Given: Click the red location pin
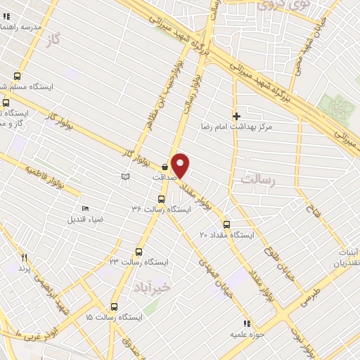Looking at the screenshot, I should [181, 165].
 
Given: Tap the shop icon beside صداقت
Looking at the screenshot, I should [165, 167].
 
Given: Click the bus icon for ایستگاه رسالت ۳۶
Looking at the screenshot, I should [162, 198].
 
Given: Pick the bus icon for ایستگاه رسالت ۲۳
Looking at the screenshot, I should [139, 251].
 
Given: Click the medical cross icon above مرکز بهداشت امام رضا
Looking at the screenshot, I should [236, 116].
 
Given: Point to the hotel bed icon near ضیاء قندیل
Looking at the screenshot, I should [86, 208].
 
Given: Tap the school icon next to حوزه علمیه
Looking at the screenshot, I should [246, 323].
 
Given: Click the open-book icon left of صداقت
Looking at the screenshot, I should [125, 176].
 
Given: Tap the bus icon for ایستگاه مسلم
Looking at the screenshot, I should [17, 77].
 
